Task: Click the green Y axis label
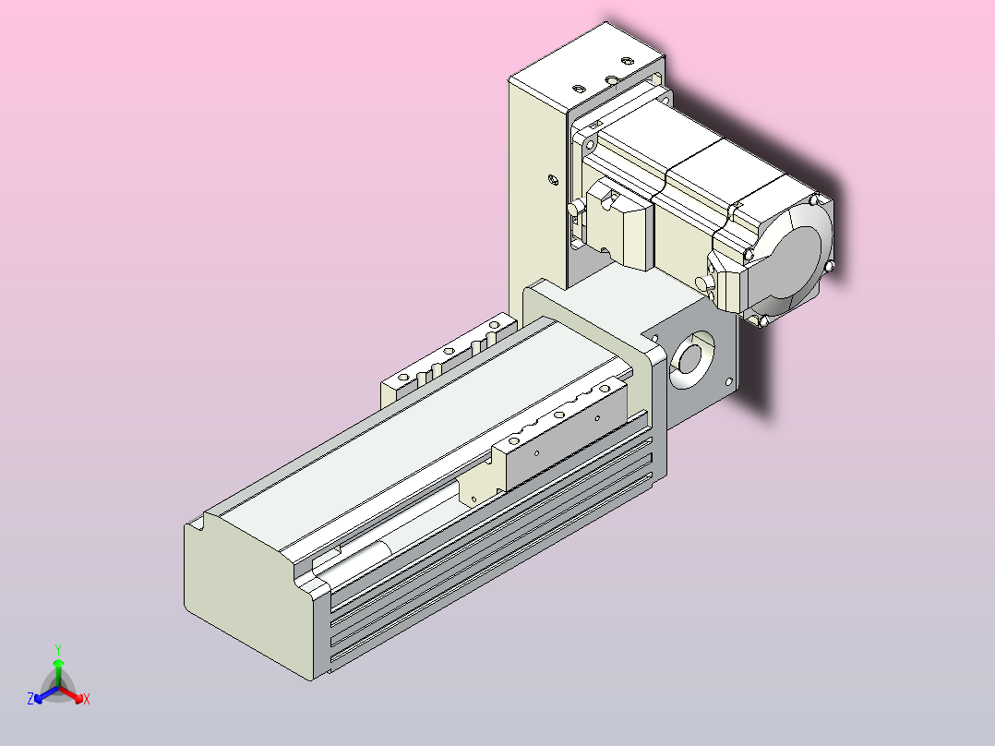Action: pyautogui.click(x=58, y=649)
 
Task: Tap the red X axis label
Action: pyautogui.click(x=87, y=699)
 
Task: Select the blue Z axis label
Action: pyautogui.click(x=30, y=698)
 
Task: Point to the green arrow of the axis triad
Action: pyautogui.click(x=58, y=673)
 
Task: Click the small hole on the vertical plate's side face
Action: pyautogui.click(x=554, y=180)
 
